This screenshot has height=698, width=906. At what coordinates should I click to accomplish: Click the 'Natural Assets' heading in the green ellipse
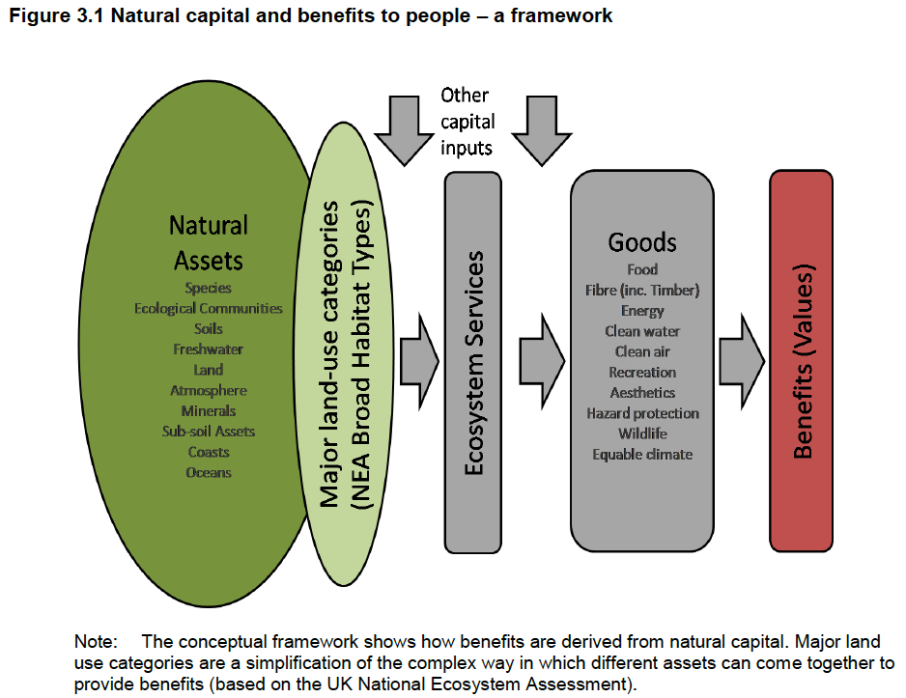pos(209,242)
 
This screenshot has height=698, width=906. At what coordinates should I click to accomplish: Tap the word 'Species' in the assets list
pos(209,288)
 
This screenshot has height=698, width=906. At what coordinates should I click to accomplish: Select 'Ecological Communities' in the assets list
pos(209,308)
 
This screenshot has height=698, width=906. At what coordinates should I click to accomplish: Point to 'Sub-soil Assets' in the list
pos(209,432)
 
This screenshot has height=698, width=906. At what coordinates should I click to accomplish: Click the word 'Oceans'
pos(209,472)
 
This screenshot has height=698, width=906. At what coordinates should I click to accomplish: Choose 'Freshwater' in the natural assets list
pos(209,349)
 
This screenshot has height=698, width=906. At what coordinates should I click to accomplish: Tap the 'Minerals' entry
pos(209,411)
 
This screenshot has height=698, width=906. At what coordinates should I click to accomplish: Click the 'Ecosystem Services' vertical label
pos(473,362)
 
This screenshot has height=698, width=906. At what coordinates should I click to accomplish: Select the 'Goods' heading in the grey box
pos(642,242)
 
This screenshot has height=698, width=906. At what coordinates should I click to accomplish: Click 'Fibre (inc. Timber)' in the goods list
pos(642,290)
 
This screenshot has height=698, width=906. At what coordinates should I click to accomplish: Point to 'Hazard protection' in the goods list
pos(642,413)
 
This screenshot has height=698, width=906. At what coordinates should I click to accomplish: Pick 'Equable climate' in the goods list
pos(642,454)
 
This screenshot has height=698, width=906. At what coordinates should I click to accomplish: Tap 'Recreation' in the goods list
pos(642,372)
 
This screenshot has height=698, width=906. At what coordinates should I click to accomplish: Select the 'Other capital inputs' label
pos(467,122)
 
